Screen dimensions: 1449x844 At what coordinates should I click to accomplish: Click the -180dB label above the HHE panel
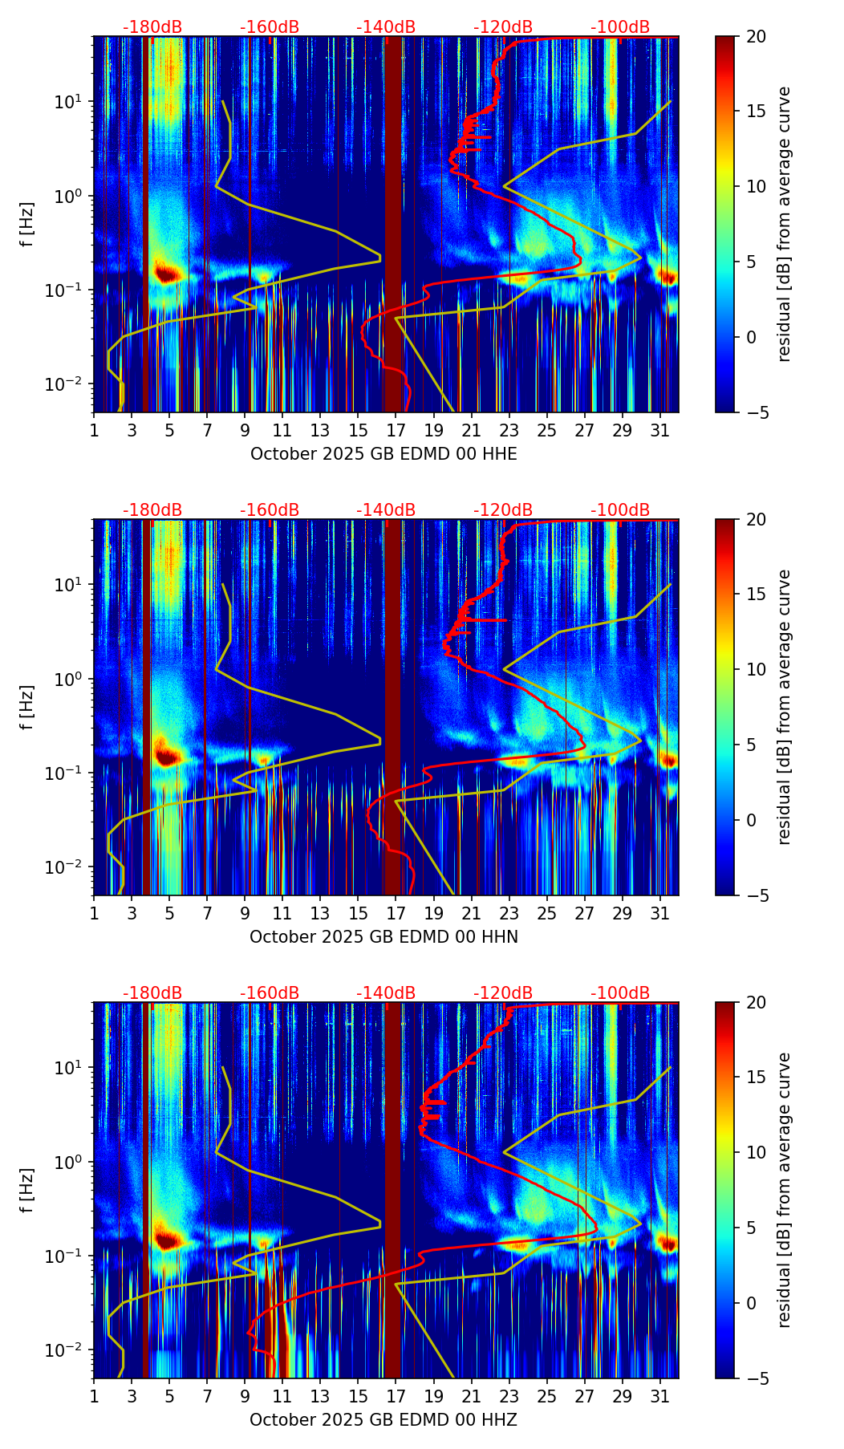[x=152, y=27]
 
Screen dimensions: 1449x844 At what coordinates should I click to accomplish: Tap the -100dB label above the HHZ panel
[x=620, y=993]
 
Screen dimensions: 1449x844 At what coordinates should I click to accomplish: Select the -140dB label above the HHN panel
[x=386, y=510]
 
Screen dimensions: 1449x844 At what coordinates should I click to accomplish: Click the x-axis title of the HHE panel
[x=383, y=454]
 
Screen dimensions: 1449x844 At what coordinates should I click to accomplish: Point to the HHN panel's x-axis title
[x=383, y=937]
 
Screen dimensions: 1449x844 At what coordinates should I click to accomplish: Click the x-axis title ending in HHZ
[x=383, y=1420]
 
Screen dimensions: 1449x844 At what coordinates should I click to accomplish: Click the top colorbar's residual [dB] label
[x=785, y=224]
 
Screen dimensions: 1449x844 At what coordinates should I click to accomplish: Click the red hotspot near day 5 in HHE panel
[x=165, y=273]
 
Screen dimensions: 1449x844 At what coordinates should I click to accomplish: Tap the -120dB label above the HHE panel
[x=503, y=27]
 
